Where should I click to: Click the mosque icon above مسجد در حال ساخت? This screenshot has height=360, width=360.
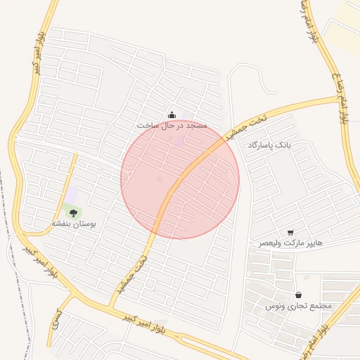[172, 115]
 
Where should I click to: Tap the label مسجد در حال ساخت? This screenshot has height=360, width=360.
[172, 125]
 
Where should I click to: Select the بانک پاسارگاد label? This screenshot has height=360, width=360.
[269, 144]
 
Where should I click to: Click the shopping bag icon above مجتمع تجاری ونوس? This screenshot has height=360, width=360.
[300, 295]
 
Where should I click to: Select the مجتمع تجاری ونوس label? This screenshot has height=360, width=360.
[297, 307]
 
